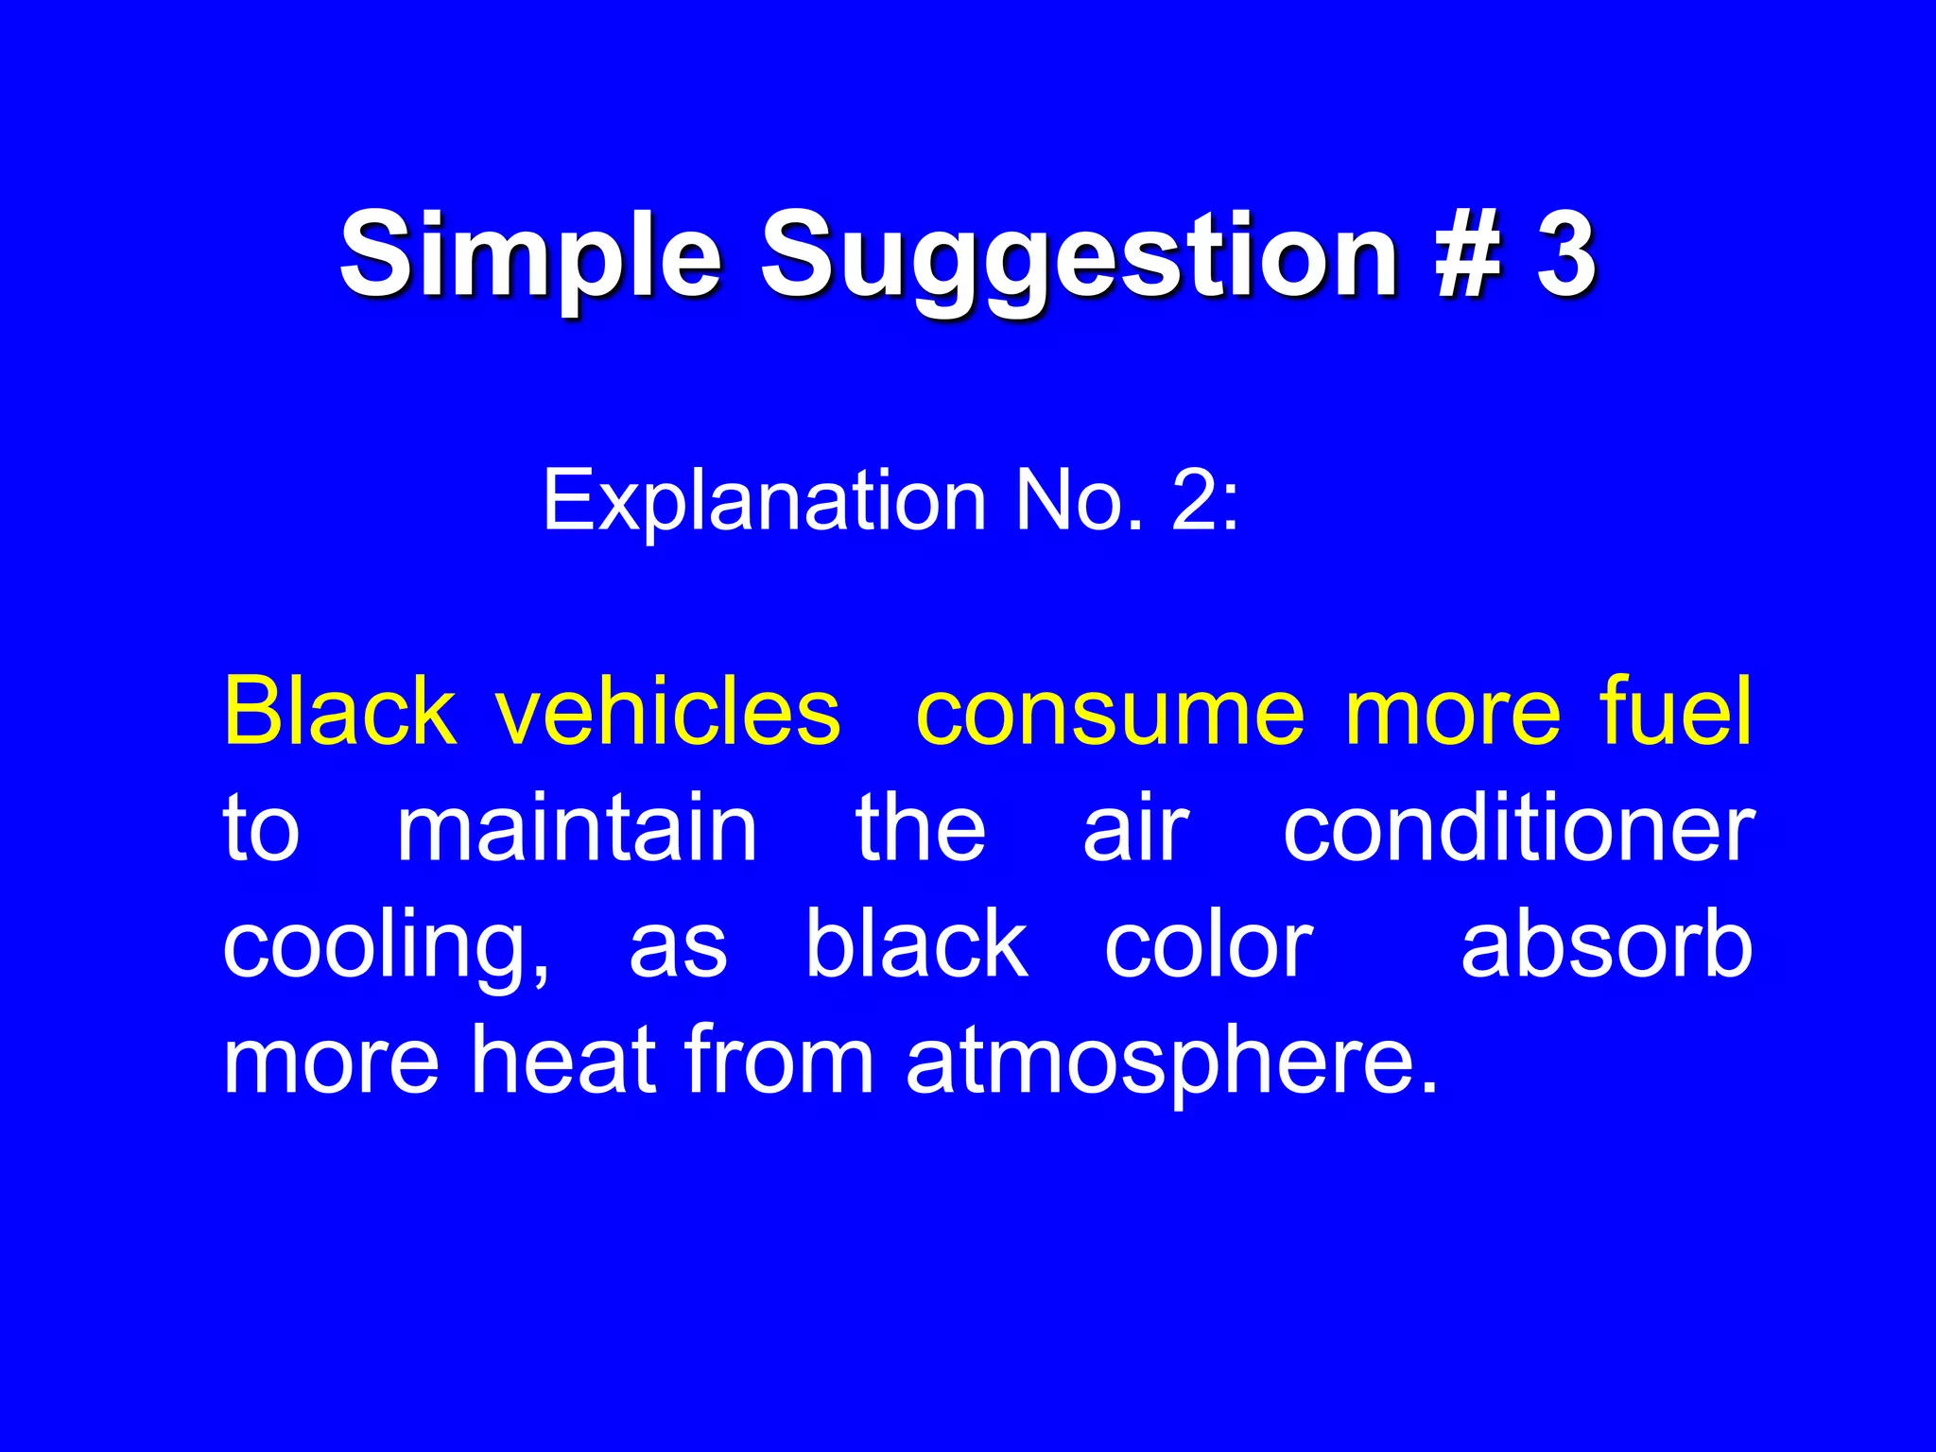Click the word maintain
coord(577,828)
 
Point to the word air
coord(1134,828)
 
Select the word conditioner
coord(1518,828)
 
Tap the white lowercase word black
coord(916,944)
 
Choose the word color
coord(1208,944)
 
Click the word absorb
coord(1606,944)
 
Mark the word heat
coord(563,1060)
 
